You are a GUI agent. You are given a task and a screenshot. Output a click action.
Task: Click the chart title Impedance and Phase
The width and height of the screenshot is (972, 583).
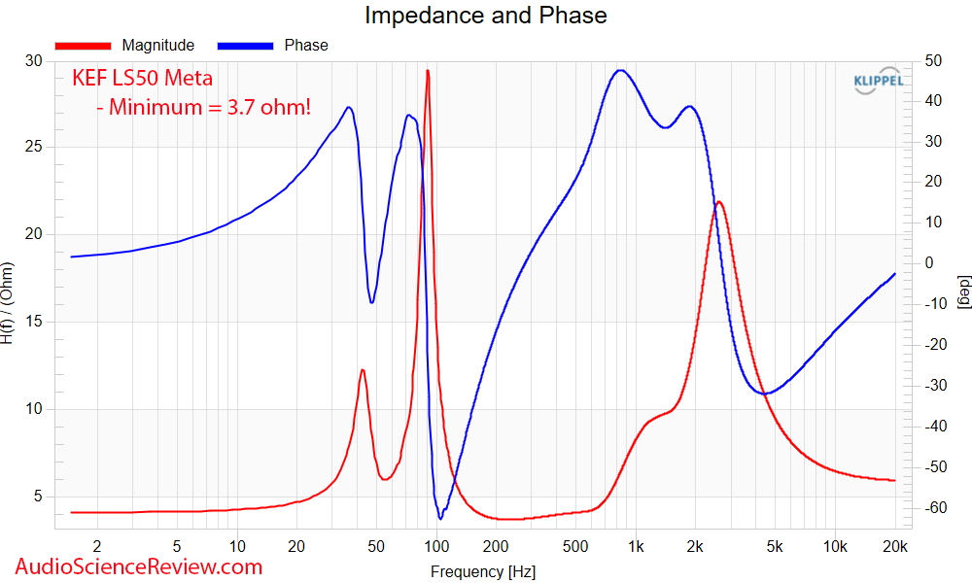click(485, 16)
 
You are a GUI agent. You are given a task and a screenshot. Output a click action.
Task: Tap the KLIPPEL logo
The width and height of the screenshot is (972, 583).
click(878, 82)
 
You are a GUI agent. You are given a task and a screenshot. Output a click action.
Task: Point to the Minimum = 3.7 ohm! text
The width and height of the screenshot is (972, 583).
click(205, 107)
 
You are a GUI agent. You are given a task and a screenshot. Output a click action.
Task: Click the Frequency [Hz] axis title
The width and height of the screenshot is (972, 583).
click(482, 572)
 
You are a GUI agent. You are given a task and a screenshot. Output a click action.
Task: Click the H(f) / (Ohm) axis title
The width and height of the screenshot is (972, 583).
click(9, 303)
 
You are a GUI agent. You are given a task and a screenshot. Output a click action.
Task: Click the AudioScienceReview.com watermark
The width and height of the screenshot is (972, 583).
click(139, 566)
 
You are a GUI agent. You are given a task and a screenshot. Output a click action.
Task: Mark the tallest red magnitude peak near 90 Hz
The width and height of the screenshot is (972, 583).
click(427, 71)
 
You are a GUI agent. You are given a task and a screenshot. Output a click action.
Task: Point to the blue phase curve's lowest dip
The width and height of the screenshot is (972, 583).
click(440, 518)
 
